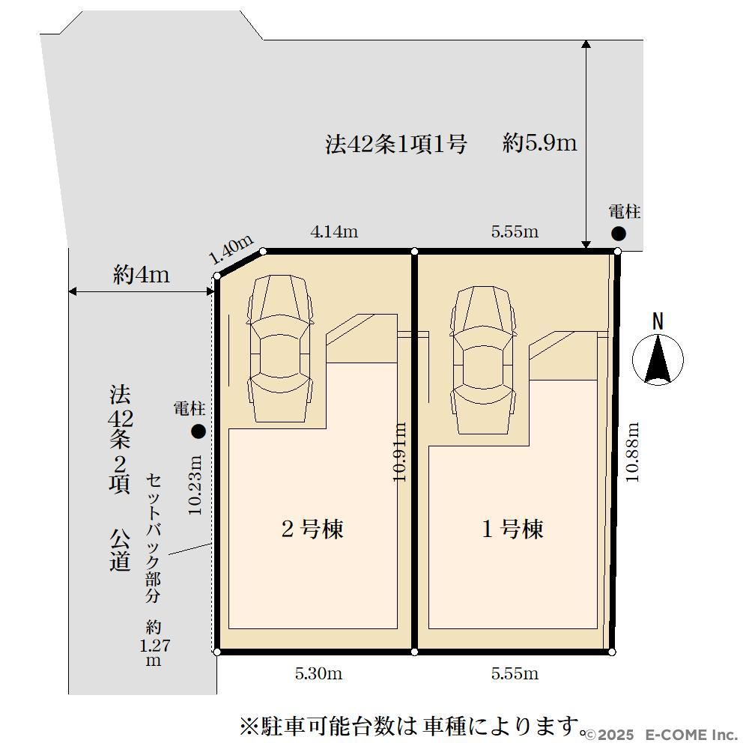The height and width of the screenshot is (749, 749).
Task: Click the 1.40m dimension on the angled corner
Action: click(231, 249)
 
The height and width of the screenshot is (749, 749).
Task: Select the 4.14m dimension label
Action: click(334, 231)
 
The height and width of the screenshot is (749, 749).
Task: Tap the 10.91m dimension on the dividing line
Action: click(399, 452)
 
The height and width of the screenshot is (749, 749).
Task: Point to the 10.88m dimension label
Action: click(632, 452)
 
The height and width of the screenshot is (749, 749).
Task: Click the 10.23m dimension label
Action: click(195, 485)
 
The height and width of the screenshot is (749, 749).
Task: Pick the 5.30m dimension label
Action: click(318, 673)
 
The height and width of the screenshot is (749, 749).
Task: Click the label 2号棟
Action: click(312, 529)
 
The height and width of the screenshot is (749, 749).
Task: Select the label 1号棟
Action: click(512, 529)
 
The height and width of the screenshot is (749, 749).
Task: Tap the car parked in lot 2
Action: click(280, 349)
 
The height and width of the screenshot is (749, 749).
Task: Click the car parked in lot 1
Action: click(483, 360)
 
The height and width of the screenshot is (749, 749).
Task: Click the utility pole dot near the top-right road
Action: click(619, 234)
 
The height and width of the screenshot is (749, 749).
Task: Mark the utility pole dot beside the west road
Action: click(198, 431)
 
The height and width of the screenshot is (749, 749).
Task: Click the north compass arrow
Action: click(658, 360)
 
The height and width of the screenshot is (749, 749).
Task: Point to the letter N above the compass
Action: click(658, 321)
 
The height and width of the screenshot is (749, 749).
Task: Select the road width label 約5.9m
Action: click(540, 143)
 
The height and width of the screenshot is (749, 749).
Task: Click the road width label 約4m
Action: click(142, 275)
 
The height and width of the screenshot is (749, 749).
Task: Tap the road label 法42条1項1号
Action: click(396, 144)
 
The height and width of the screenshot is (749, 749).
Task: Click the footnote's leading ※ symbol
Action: click(249, 727)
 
